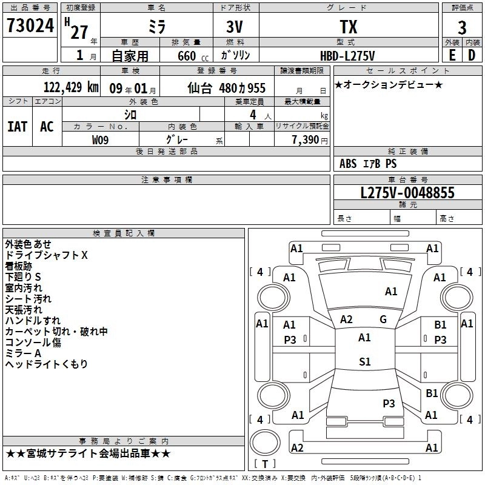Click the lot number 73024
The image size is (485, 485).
pos(30,27)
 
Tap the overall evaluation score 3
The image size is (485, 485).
pos(462,28)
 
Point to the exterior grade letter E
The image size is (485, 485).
pos(452,55)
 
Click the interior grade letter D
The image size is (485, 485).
pos(472,55)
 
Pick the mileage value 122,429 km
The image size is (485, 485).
pos(71,87)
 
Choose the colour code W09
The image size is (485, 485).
pos(101,140)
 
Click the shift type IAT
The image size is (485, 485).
pos(18,127)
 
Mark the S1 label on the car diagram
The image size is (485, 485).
pos(364,361)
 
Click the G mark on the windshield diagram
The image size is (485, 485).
pos(383,319)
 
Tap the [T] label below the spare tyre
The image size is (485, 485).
pos(265,464)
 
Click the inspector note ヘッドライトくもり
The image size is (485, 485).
pos(47,364)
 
